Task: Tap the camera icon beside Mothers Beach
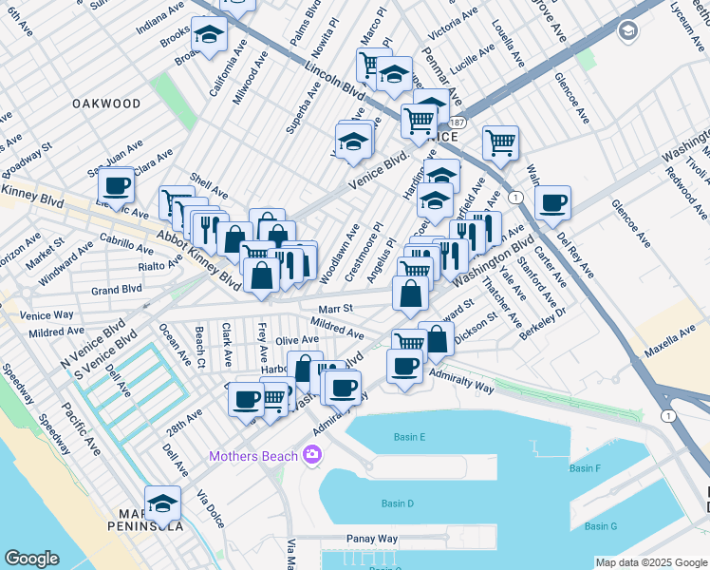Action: [x=311, y=457]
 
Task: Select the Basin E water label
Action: [x=409, y=437]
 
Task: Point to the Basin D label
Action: [x=397, y=503]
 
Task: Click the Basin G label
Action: [x=601, y=526]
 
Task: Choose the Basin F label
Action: [x=585, y=468]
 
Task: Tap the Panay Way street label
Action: [x=372, y=538]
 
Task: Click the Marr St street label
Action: [x=335, y=308]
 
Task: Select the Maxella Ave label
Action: [x=673, y=349]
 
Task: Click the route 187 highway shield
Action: [x=458, y=123]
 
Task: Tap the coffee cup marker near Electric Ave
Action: [x=117, y=185]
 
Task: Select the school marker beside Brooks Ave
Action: [x=208, y=36]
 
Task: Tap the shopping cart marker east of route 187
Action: [x=500, y=143]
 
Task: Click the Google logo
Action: [x=31, y=559]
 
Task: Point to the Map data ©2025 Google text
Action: [x=650, y=562]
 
